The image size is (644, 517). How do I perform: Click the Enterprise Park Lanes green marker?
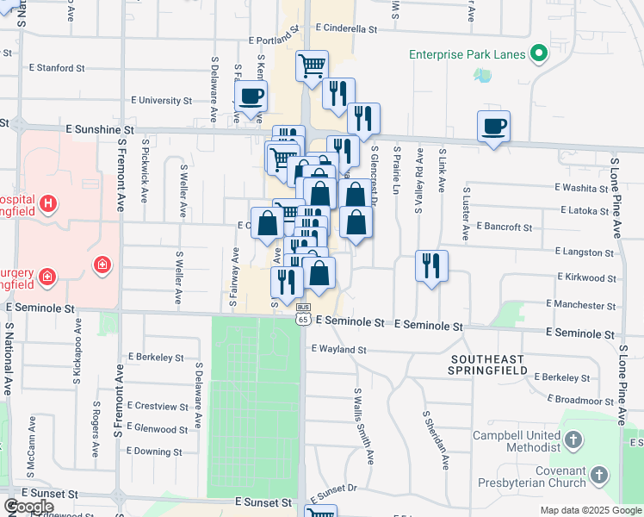(x=539, y=54)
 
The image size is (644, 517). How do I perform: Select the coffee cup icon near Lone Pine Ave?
(x=493, y=127)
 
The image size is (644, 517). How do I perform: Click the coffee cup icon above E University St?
(x=251, y=97)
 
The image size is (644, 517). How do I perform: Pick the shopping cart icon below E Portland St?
(x=312, y=65)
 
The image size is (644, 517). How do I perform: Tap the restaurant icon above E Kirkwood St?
(x=431, y=265)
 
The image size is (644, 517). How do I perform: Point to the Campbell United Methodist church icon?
(x=574, y=441)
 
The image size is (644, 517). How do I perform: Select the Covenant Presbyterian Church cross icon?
(x=599, y=476)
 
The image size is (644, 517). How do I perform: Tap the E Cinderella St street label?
(x=346, y=28)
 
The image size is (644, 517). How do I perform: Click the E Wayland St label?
(x=339, y=350)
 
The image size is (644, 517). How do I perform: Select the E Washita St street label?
(x=582, y=187)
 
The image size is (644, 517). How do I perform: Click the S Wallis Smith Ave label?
(x=363, y=426)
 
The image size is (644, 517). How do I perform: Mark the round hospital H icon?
(x=49, y=203)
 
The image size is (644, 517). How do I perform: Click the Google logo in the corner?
(x=28, y=506)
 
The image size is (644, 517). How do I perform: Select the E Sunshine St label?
(x=102, y=129)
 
